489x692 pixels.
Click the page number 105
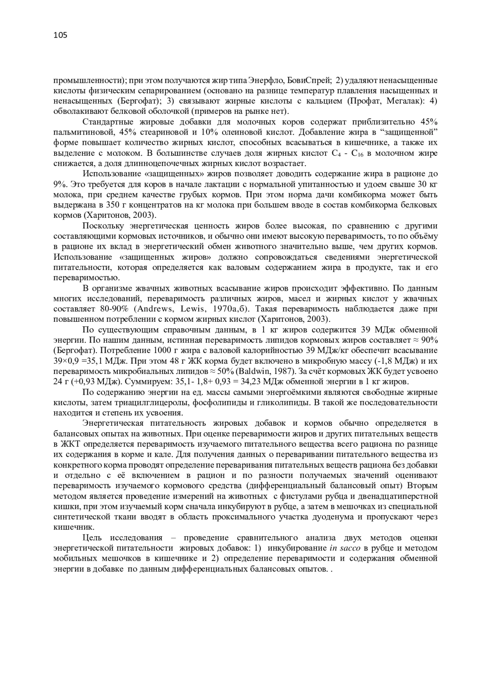[60, 35]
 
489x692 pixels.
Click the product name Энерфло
[265, 80]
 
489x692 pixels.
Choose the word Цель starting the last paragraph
[93, 538]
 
